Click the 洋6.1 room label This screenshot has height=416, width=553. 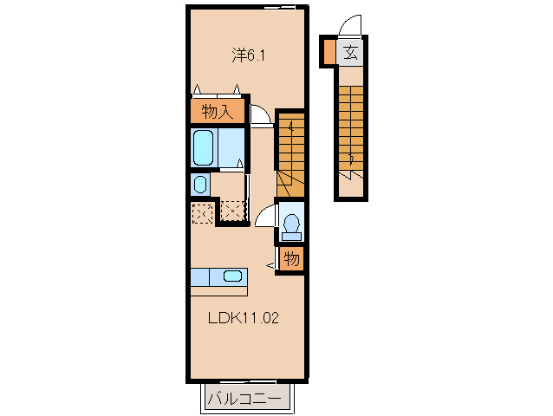(248, 55)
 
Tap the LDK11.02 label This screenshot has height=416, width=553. (244, 318)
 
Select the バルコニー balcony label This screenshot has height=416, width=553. (244, 399)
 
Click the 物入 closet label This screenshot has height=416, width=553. (218, 112)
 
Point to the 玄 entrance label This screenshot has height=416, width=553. (350, 53)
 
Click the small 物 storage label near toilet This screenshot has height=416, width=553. (291, 259)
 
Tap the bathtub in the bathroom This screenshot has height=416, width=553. (203, 147)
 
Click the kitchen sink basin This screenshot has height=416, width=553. (232, 276)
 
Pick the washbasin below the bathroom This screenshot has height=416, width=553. (200, 184)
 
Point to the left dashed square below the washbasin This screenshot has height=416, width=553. (202, 212)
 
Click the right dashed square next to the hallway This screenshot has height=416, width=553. (232, 211)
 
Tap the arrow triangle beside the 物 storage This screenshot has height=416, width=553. (270, 264)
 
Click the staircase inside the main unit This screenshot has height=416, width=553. (290, 155)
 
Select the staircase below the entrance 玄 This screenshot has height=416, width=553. (351, 130)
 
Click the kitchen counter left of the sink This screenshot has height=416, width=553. (200, 277)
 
